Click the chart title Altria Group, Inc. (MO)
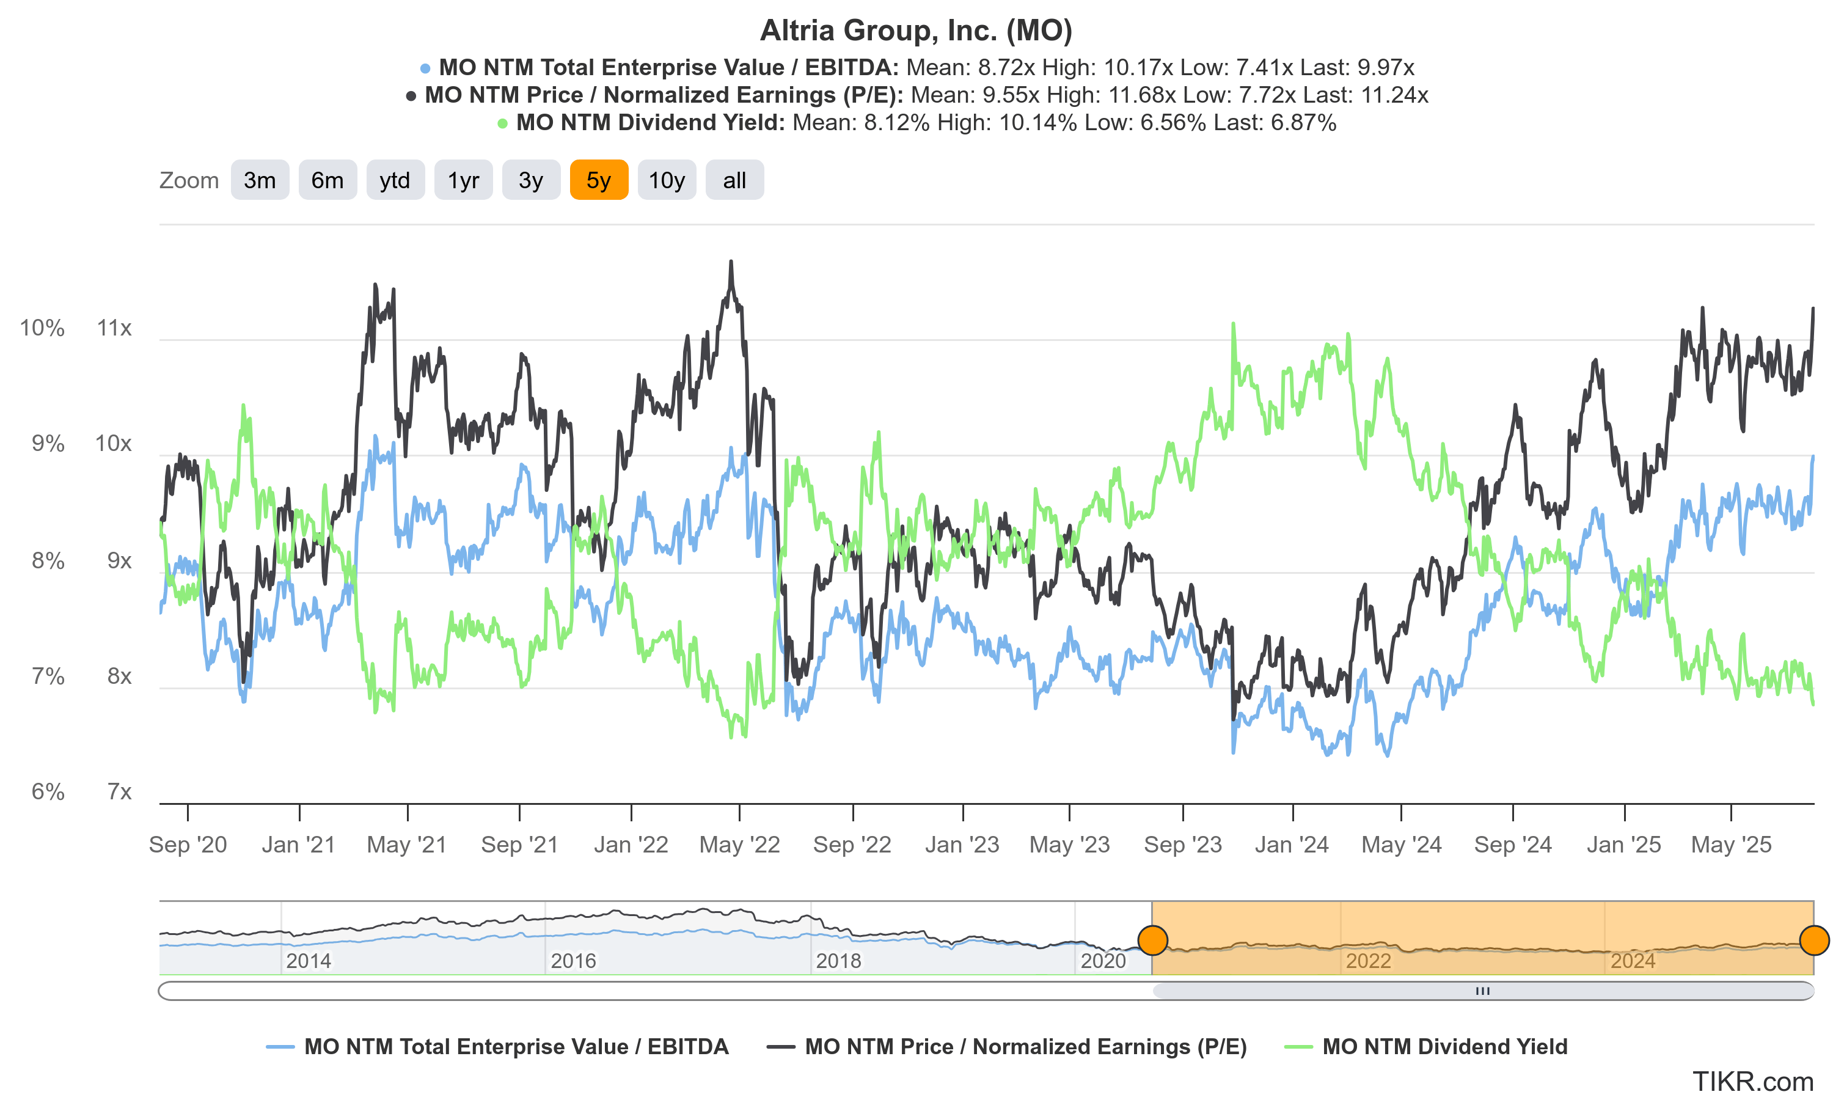coord(916,31)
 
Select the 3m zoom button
coord(259,180)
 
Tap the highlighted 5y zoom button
coord(599,180)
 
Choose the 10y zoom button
coord(666,180)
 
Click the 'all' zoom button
coord(734,180)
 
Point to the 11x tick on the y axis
coord(114,328)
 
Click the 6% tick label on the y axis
coord(48,791)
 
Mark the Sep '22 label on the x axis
coord(852,845)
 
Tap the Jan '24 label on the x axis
coord(1292,845)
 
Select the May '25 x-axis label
coord(1731,845)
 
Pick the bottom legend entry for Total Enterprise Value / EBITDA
coord(516,1047)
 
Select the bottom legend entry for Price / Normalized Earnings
coord(1025,1047)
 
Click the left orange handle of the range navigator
coord(1153,940)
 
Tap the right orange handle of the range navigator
coord(1813,940)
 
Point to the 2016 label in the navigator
coord(573,961)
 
